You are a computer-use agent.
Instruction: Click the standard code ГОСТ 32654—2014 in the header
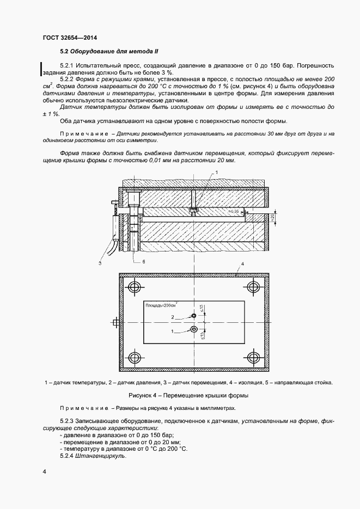65,38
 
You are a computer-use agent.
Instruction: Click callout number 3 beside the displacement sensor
100,263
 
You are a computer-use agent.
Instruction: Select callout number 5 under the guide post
144,261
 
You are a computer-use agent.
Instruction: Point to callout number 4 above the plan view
242,263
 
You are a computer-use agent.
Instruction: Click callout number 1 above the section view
216,172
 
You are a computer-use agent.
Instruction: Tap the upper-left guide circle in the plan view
134,287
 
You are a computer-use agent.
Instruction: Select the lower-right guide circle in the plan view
253,357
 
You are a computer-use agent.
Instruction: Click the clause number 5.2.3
69,421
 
